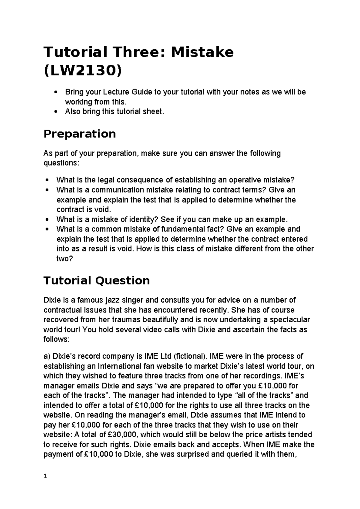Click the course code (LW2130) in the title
click(x=83, y=71)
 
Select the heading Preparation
click(x=79, y=134)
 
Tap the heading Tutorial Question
click(x=97, y=280)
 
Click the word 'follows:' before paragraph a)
click(x=56, y=339)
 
